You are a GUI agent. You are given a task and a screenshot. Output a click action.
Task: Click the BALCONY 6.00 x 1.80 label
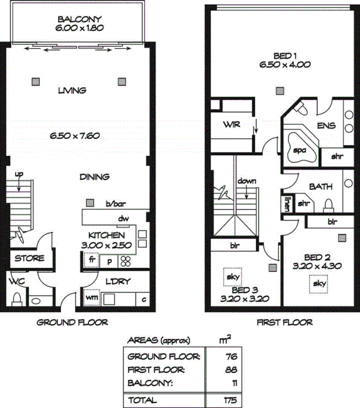[81, 24]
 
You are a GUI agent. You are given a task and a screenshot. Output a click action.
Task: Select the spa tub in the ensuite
[299, 148]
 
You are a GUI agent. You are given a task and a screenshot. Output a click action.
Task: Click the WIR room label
[229, 125]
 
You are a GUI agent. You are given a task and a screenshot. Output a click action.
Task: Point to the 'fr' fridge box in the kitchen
[92, 260]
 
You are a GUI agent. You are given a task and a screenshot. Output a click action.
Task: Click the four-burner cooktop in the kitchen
[126, 261]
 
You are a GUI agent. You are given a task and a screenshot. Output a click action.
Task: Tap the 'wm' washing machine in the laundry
[92, 297]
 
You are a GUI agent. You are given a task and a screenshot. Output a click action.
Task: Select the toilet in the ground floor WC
[17, 298]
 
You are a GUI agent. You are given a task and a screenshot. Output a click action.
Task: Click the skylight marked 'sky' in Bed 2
[319, 283]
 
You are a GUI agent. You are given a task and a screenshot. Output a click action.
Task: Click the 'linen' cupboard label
[287, 203]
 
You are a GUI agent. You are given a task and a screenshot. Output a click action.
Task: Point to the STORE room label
[29, 258]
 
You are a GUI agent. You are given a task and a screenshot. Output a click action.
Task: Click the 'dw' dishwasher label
[123, 219]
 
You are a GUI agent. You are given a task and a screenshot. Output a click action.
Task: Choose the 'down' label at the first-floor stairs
[247, 182]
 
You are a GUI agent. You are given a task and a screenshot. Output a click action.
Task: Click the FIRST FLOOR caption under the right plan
[284, 323]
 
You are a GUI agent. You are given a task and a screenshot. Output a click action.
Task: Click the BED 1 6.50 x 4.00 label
[278, 60]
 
